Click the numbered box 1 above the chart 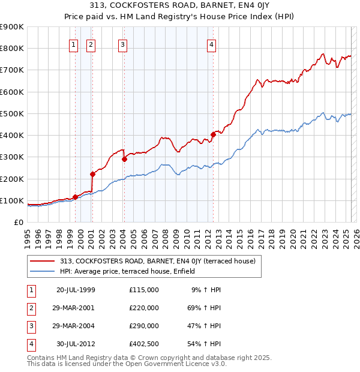73,43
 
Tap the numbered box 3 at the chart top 122,43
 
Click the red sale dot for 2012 213,134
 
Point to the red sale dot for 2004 124,159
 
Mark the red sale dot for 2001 92,174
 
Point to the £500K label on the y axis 12,113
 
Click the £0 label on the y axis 18,222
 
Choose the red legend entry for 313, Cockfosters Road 158,261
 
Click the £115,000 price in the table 144,289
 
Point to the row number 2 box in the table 30,307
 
